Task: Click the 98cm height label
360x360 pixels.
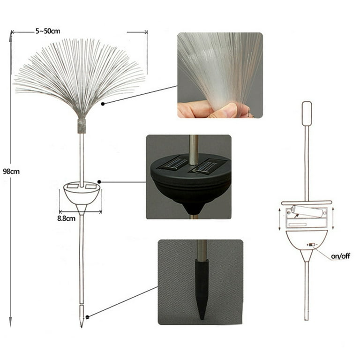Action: tap(11, 171)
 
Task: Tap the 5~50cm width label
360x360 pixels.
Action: tap(48, 31)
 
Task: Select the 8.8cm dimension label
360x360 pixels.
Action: tap(67, 218)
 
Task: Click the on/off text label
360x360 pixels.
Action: tap(340, 256)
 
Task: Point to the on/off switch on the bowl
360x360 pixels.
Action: tap(311, 245)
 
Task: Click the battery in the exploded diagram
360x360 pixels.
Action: tap(308, 211)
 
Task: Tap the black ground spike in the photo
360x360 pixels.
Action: tap(202, 289)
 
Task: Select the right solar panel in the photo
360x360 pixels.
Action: tap(208, 166)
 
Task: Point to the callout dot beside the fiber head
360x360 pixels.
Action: tap(103, 104)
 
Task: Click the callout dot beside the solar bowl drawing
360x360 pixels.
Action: tap(99, 182)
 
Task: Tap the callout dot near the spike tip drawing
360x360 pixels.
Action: tap(87, 317)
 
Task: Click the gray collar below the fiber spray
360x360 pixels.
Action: tap(82, 126)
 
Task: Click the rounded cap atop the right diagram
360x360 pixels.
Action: tap(307, 113)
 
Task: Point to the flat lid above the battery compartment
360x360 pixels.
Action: tap(307, 202)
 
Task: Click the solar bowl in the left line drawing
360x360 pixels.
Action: tap(82, 195)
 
